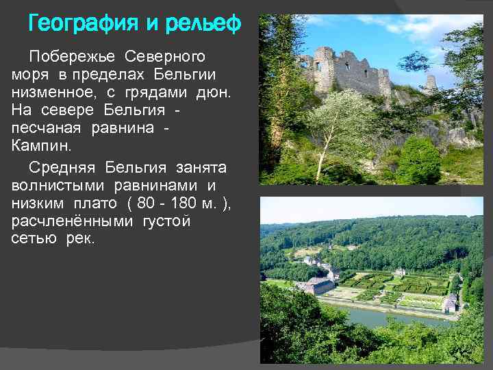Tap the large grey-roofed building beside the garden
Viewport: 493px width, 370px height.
pos(318,284)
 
